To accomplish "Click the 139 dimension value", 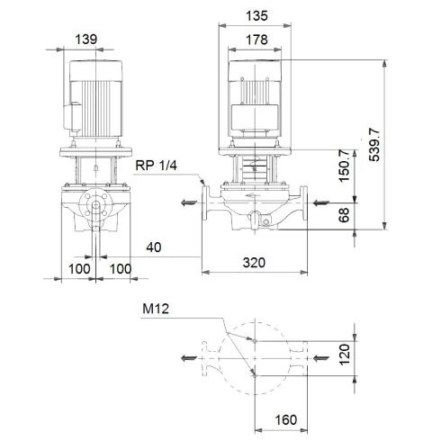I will point(87,39).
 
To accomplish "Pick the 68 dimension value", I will point(343,216).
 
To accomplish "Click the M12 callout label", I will point(156,310).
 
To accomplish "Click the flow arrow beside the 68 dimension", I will point(321,202).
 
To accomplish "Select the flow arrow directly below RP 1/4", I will point(188,203).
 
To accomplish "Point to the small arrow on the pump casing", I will point(258,192).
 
